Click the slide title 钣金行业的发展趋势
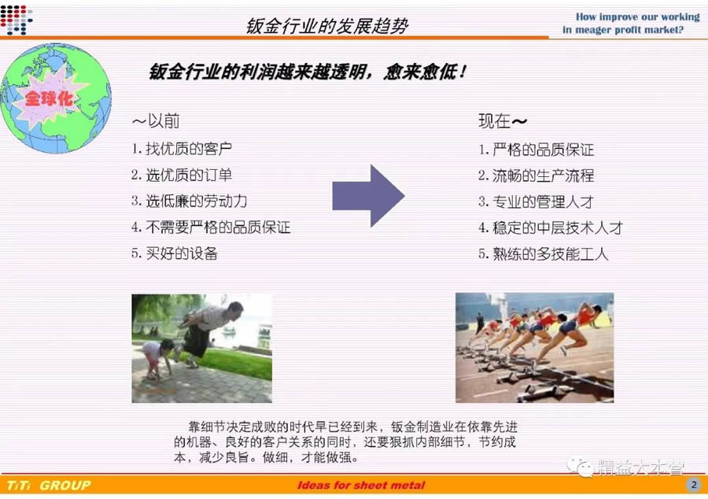point(327,26)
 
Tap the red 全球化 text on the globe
point(50,98)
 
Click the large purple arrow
point(368,195)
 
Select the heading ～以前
point(156,121)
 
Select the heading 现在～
point(503,121)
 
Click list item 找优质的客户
point(189,149)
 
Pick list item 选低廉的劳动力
point(196,201)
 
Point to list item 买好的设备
point(182,253)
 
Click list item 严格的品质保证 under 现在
point(543,150)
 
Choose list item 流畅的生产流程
point(543,176)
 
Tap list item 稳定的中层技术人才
point(558,227)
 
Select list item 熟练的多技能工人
point(551,253)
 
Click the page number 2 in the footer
point(694,485)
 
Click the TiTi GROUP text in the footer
point(49,486)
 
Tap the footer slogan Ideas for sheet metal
point(361,486)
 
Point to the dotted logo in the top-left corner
point(17,20)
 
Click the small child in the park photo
point(157,359)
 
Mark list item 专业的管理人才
point(543,201)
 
